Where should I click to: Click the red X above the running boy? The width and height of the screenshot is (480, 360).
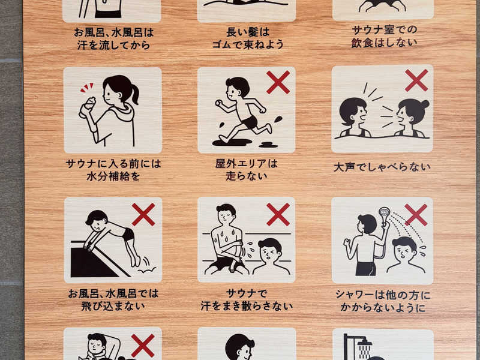point(278,82)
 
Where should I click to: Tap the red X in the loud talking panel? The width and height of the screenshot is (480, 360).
point(416,80)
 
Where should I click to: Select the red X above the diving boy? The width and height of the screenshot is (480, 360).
point(143,215)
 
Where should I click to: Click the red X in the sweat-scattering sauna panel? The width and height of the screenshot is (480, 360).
point(278,215)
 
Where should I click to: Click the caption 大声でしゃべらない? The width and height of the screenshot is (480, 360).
point(382,167)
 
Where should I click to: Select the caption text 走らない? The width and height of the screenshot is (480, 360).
point(247,176)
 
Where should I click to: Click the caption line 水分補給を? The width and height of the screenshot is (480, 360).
point(113,176)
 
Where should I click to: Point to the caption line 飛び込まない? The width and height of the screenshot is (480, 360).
point(113,306)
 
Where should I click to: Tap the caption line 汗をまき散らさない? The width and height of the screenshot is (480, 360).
point(247,306)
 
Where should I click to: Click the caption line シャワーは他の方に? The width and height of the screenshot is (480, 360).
point(383,295)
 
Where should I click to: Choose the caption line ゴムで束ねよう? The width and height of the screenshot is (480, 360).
point(248,44)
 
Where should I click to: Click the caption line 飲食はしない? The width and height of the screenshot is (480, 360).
point(384,43)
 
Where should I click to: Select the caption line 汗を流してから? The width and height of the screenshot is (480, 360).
point(113,46)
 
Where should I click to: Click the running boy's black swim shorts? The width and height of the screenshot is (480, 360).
point(250,122)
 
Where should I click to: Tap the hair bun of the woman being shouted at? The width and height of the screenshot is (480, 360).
point(425,104)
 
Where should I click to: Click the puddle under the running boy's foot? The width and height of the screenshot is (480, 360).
point(232,142)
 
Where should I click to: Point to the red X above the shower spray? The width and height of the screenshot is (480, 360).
point(416,215)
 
